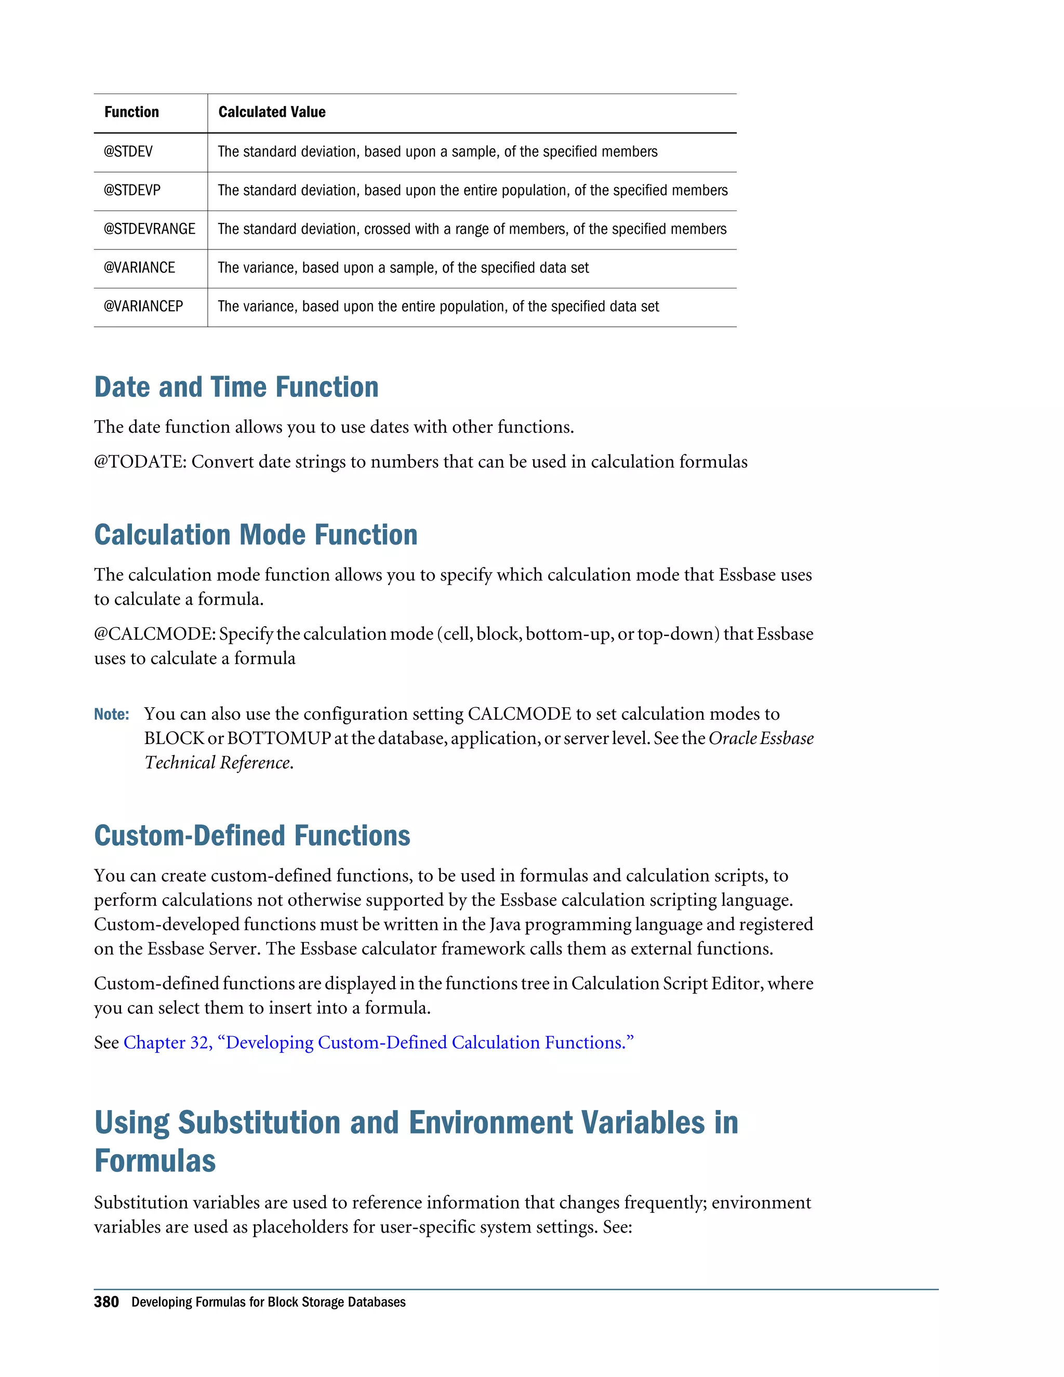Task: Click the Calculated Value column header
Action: pyautogui.click(x=272, y=112)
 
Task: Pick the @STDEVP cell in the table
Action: pyautogui.click(x=132, y=190)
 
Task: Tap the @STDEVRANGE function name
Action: pyautogui.click(x=150, y=229)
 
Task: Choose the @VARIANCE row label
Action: pyautogui.click(x=139, y=267)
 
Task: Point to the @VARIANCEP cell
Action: pyautogui.click(x=143, y=307)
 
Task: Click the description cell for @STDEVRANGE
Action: pyautogui.click(x=472, y=229)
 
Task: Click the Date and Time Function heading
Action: pyautogui.click(x=236, y=387)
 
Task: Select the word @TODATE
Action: pyautogui.click(x=139, y=462)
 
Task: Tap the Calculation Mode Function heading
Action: pyautogui.click(x=255, y=535)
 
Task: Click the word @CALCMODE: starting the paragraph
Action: pyautogui.click(x=154, y=633)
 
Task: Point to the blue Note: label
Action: pyautogui.click(x=112, y=714)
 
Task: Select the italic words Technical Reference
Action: pyautogui.click(x=218, y=763)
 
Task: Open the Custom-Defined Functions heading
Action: pyautogui.click(x=252, y=836)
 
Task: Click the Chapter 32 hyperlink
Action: pyautogui.click(x=378, y=1042)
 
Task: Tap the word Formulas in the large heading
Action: pyautogui.click(x=155, y=1161)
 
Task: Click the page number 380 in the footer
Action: pyautogui.click(x=106, y=1302)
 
